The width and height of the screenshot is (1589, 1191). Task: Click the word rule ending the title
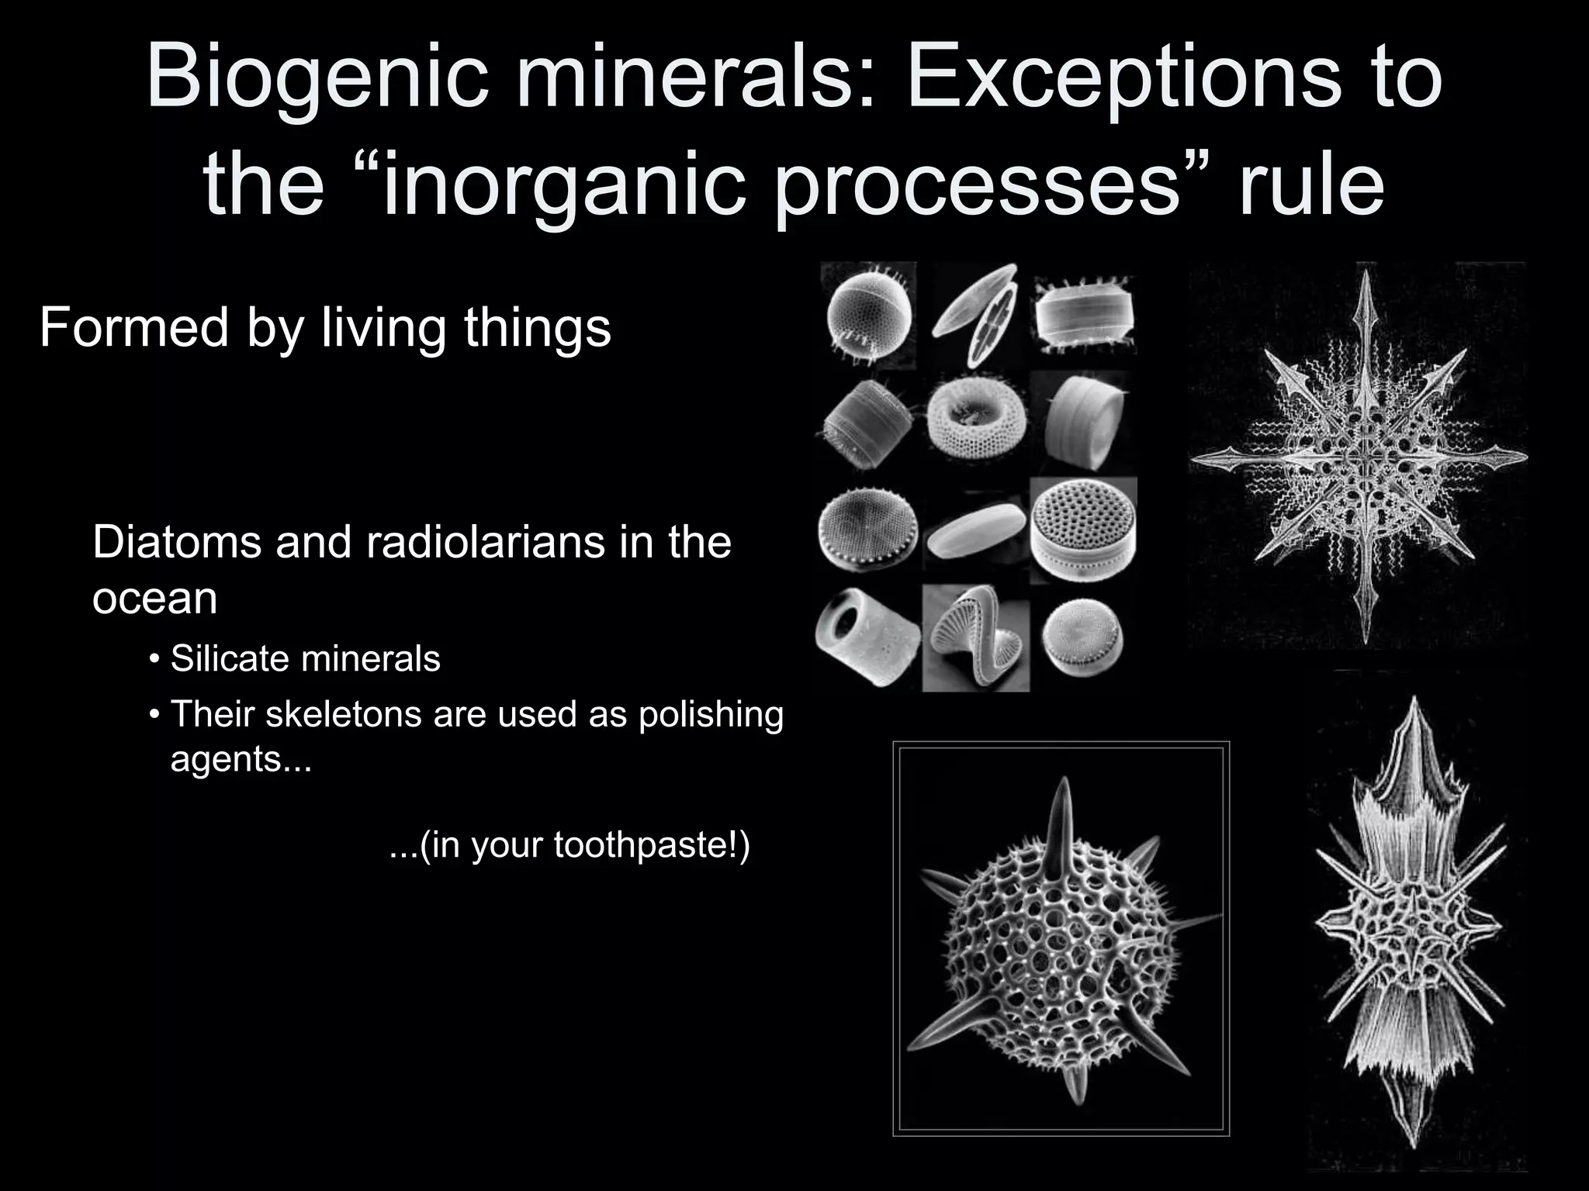tap(1310, 186)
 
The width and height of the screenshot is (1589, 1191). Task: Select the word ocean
tap(154, 598)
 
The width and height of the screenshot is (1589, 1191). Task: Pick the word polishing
tap(711, 715)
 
